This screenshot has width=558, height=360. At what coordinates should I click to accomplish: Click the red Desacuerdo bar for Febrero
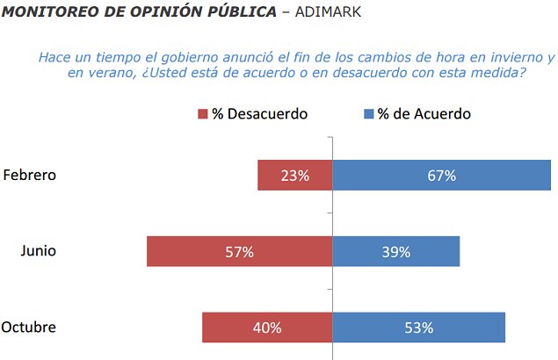tap(272, 175)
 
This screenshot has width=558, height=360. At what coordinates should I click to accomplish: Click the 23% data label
tap(295, 176)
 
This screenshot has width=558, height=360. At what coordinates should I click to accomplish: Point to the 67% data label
tap(441, 176)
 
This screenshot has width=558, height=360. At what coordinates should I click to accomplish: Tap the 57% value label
tap(239, 252)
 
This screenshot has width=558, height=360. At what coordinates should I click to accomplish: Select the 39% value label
tap(396, 252)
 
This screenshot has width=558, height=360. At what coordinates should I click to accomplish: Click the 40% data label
tap(267, 328)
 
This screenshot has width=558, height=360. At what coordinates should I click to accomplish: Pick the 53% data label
tap(419, 328)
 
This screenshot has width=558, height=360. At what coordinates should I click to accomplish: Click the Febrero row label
tap(29, 175)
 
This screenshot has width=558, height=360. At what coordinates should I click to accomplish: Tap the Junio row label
tap(38, 251)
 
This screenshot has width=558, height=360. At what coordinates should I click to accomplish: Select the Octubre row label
tap(29, 328)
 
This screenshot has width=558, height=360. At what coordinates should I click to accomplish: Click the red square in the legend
tap(203, 114)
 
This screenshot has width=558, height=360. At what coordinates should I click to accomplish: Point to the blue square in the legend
tap(367, 114)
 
